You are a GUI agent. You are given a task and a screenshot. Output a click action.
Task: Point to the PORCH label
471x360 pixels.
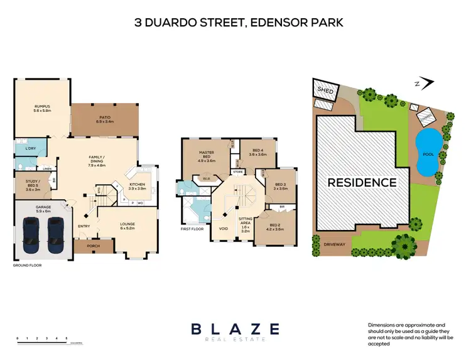click(93, 246)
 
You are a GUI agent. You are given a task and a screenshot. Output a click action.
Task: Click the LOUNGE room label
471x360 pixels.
click(128, 226)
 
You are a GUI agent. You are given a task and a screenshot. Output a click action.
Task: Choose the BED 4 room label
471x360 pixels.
click(258, 152)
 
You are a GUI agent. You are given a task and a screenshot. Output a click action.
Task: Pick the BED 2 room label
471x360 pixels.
click(276, 227)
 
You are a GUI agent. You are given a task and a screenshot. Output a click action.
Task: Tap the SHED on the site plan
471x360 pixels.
click(325, 90)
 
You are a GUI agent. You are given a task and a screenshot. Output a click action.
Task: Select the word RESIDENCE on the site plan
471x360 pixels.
click(361, 183)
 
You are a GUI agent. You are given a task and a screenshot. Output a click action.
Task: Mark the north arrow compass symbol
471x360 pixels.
click(428, 82)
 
